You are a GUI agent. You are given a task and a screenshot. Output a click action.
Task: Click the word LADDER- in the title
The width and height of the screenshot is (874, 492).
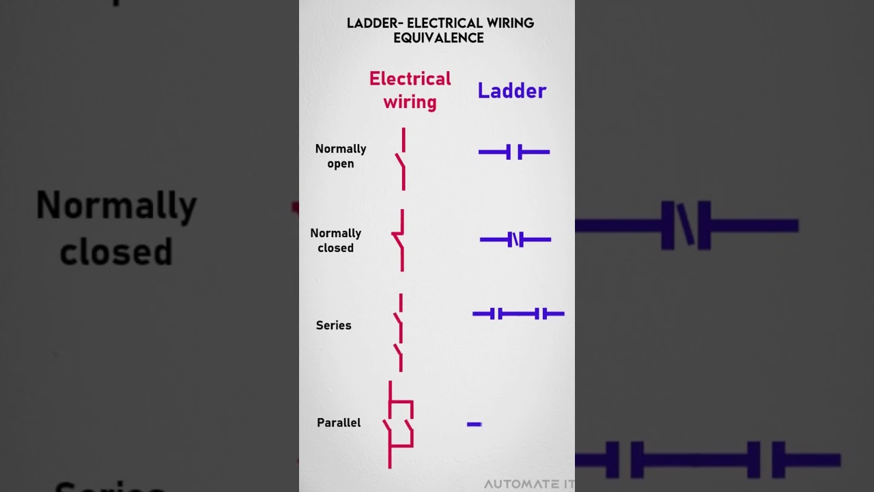pos(374,23)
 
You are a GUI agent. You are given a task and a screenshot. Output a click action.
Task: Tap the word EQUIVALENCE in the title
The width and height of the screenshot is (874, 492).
pos(438,38)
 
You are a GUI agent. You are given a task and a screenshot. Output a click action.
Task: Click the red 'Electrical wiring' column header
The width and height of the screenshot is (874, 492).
pos(410,90)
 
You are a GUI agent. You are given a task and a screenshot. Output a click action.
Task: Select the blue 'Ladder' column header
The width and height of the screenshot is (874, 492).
pos(511,91)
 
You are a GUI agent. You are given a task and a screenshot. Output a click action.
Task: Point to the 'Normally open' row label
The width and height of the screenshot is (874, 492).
pos(341,156)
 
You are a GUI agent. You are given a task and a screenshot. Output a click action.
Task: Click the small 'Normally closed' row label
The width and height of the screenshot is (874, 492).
pos(335,241)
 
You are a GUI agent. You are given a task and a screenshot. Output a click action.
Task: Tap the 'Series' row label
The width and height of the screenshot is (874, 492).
pos(333,325)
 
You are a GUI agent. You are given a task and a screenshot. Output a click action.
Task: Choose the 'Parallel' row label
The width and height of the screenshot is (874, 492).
pos(339,423)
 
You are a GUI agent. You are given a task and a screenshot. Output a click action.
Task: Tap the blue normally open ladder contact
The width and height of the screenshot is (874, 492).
pos(514,152)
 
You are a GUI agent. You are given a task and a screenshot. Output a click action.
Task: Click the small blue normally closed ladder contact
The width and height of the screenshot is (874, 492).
pos(516,239)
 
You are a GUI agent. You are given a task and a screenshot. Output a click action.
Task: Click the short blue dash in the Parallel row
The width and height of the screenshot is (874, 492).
pos(474,424)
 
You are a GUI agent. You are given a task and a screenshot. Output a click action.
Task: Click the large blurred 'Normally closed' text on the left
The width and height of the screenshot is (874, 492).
pos(116,228)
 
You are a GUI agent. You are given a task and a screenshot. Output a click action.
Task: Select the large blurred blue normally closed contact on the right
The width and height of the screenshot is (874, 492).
pos(687,225)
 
